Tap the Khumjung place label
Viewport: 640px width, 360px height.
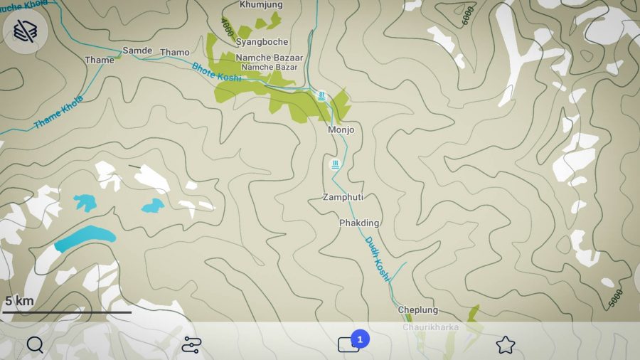[x=261, y=5]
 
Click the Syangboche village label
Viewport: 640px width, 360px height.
[x=262, y=42]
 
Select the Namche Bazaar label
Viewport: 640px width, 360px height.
[x=270, y=58]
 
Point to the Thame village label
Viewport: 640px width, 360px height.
[x=100, y=60]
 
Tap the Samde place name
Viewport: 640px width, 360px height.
[x=137, y=51]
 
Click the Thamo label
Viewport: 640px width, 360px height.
[x=175, y=53]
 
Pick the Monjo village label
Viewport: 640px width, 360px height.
[x=341, y=130]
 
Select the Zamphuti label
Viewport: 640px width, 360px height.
[x=343, y=197]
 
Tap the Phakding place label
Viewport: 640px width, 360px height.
[x=359, y=223]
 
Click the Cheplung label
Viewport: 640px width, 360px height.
[x=417, y=310]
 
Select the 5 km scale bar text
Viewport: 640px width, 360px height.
[x=19, y=301]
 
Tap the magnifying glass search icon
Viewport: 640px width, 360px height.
[x=35, y=345]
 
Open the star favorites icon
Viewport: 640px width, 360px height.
[x=505, y=345]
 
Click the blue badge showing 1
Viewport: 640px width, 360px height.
[x=360, y=339]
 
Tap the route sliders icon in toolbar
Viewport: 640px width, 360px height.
[x=191, y=345]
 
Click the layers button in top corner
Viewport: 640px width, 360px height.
[x=25, y=31]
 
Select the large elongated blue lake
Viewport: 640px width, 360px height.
[x=85, y=238]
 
